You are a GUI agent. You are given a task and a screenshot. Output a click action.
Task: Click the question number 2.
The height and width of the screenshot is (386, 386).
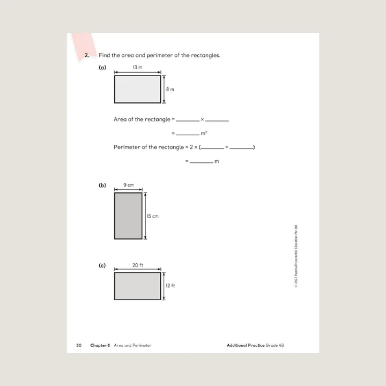87,55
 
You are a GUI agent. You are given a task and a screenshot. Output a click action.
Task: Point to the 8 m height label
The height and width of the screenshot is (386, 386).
170,90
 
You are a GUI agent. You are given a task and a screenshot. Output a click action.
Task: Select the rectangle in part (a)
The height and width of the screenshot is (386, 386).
137,89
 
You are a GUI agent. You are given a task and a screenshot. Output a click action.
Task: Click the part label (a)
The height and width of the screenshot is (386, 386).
102,68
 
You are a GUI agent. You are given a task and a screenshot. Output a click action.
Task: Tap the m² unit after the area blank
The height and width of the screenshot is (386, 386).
204,133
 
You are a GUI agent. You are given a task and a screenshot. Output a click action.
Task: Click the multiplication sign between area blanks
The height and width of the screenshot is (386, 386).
202,120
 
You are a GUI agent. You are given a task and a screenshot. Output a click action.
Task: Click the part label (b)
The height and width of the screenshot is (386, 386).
102,185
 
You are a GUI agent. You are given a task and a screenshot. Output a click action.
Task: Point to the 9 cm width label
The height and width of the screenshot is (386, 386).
128,185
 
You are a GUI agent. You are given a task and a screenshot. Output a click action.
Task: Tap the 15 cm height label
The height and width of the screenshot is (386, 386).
153,216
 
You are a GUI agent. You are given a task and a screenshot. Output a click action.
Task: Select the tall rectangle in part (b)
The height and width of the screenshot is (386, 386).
128,216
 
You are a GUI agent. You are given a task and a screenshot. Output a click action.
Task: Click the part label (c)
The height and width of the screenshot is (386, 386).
102,265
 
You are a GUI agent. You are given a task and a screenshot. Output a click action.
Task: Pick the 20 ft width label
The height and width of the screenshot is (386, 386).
137,265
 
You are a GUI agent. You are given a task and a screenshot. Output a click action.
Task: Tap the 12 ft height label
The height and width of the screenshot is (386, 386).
170,286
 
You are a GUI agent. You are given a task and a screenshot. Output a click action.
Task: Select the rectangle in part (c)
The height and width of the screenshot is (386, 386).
137,286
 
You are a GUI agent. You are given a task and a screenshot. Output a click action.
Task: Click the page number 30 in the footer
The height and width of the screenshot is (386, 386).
78,345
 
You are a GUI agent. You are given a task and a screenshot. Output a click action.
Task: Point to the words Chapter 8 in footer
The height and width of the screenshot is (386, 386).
100,345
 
